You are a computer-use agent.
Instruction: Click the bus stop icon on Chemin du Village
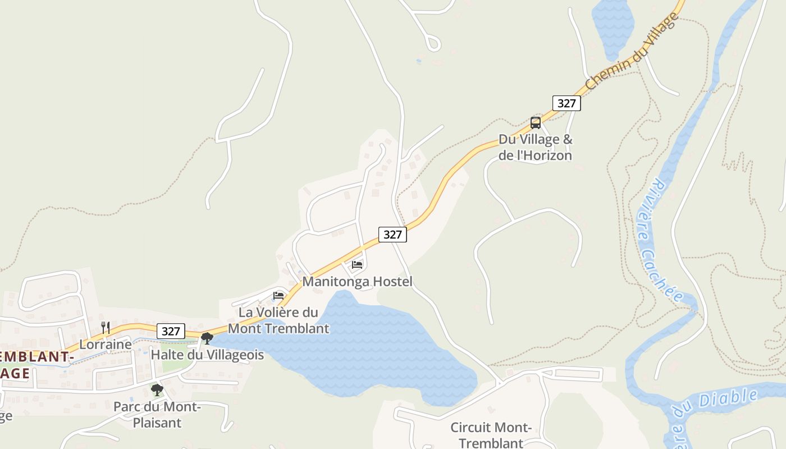[536, 123]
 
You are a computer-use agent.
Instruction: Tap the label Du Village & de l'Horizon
[535, 148]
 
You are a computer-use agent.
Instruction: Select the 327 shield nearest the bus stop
[566, 103]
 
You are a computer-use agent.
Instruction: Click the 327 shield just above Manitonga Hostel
[392, 235]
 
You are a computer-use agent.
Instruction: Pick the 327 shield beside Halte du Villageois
[171, 331]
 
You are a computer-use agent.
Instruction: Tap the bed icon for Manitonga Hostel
[357, 265]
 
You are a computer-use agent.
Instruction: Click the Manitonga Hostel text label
[357, 281]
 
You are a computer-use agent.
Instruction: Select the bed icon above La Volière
[278, 296]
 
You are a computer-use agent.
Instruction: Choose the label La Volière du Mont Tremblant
[278, 320]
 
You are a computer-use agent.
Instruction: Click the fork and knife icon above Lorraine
[105, 328]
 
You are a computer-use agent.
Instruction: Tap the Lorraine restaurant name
[106, 344]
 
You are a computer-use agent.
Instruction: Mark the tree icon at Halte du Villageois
[207, 338]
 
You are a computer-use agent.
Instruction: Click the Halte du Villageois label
[207, 355]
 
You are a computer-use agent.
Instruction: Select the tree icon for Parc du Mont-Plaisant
[157, 390]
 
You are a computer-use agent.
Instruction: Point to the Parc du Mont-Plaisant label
[157, 414]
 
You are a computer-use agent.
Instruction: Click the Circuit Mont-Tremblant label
[491, 435]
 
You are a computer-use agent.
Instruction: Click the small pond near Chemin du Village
[613, 25]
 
